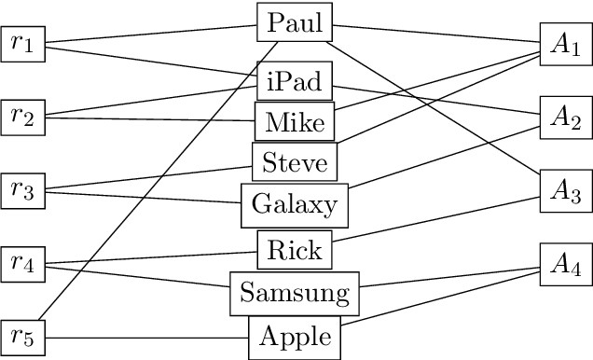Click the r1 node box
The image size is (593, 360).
tap(23, 44)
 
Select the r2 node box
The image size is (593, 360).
tap(23, 116)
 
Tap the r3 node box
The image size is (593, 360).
tap(23, 190)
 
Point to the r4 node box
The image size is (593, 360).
tap(23, 264)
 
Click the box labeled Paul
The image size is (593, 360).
tap(295, 22)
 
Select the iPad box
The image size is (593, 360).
tap(295, 83)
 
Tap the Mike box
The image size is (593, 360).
tap(295, 121)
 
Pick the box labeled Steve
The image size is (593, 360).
tap(295, 163)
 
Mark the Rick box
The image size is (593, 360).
tap(295, 249)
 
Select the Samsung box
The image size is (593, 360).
tap(295, 294)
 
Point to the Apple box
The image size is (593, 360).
tap(295, 337)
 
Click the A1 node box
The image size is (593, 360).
tap(564, 49)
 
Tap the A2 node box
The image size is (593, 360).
tap(564, 117)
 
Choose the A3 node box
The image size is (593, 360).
tap(564, 191)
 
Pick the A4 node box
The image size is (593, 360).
tap(564, 265)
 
